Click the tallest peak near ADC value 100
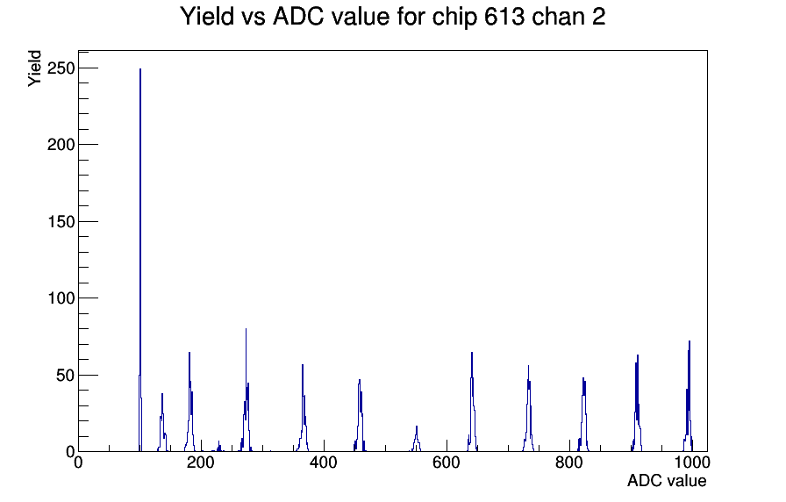pyautogui.click(x=140, y=261)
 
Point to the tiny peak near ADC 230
pyautogui.click(x=218, y=447)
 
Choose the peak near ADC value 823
pyautogui.click(x=584, y=416)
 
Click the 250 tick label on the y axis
pyautogui.click(x=61, y=68)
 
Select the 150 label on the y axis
pyautogui.click(x=61, y=222)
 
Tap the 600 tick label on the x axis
pyautogui.click(x=447, y=463)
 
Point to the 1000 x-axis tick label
pyautogui.click(x=691, y=463)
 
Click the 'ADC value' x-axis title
pyautogui.click(x=667, y=481)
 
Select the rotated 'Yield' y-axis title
pyautogui.click(x=34, y=68)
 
